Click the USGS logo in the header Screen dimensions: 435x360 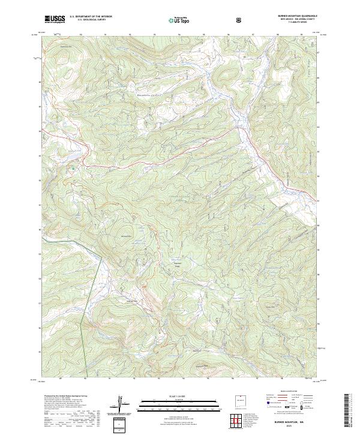click(55, 19)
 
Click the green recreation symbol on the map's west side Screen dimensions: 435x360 click(73, 168)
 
